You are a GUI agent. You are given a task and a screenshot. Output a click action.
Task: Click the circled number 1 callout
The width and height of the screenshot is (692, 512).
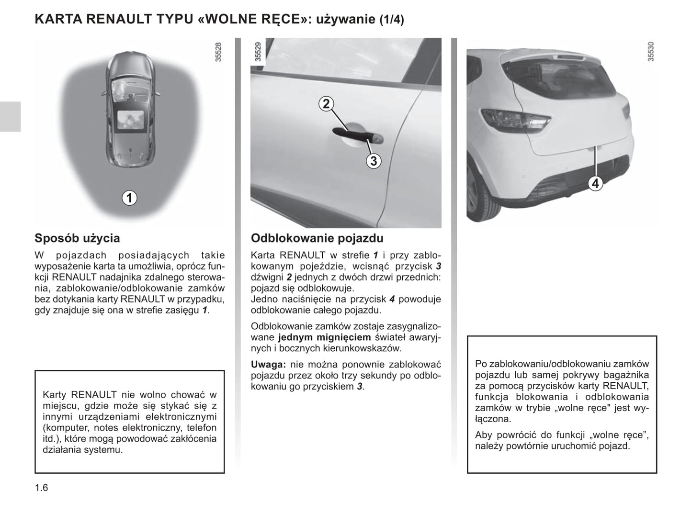(129, 197)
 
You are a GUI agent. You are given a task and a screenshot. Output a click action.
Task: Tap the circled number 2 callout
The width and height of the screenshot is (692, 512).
(326, 104)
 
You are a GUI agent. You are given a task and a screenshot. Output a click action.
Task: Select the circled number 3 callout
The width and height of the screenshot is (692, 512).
(374, 161)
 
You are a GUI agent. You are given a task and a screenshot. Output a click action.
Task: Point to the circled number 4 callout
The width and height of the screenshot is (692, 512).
(595, 183)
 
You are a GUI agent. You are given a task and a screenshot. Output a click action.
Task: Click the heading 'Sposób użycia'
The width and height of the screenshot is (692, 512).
(77, 238)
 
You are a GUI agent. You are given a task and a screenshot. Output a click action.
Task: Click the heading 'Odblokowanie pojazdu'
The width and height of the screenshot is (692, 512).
(317, 238)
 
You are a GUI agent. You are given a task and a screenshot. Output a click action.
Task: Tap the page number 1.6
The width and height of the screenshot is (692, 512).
(41, 488)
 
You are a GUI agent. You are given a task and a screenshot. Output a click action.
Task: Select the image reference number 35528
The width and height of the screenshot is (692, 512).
(218, 52)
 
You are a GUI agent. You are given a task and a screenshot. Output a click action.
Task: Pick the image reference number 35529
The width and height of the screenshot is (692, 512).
(258, 52)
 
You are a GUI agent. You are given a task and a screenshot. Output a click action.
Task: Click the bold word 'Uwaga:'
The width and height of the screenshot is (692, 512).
(268, 365)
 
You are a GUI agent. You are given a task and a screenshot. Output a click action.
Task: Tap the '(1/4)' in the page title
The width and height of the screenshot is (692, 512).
(391, 20)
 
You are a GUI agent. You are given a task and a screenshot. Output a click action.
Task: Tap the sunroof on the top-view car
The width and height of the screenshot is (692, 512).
(130, 118)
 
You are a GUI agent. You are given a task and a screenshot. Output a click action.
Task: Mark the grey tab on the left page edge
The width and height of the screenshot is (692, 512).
(10, 116)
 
